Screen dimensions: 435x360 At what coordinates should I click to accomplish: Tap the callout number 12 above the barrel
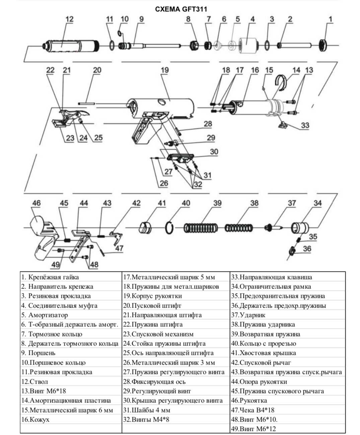[69, 19]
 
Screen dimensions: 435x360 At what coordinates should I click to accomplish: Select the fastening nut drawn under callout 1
[322, 45]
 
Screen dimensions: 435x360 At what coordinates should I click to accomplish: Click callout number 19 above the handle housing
[164, 70]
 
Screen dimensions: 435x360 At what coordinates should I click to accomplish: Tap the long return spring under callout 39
[201, 228]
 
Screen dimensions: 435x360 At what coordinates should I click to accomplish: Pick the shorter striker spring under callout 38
[239, 228]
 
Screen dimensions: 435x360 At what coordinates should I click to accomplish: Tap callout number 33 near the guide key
[305, 125]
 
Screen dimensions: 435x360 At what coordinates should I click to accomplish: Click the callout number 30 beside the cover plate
[214, 151]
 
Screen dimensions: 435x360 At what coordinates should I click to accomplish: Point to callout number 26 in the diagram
[164, 183]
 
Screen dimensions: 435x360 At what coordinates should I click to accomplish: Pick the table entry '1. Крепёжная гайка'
[50, 277]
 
